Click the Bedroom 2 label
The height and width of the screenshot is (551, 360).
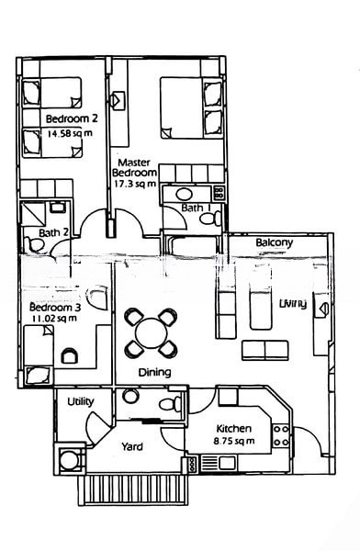pos(72,118)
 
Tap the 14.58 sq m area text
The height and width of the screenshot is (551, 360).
pos(70,133)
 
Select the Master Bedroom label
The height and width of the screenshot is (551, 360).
pos(134,168)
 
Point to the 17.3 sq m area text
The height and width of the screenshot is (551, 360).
pos(135,184)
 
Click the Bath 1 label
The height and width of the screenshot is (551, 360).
pos(196,208)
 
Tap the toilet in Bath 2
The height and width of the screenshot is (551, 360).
pos(34,244)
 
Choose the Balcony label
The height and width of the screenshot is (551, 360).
pos(275,242)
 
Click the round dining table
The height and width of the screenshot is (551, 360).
pos(151,332)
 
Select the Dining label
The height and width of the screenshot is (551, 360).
pos(154,372)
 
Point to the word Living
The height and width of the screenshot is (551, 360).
pos(293,303)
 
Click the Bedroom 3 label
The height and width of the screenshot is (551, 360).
pos(55,308)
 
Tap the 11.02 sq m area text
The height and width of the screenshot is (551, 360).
pos(54,319)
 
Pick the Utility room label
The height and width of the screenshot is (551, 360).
pos(81,401)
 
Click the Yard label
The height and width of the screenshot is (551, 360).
pos(132,447)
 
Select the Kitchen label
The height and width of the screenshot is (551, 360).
pos(234,429)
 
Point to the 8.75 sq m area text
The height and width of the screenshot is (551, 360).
pos(234,441)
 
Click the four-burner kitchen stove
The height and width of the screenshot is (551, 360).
pos(281,435)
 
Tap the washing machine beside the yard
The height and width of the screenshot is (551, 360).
pos(69,459)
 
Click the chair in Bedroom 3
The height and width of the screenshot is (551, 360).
pos(69,355)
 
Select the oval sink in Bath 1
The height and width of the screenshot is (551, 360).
pos(184,195)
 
